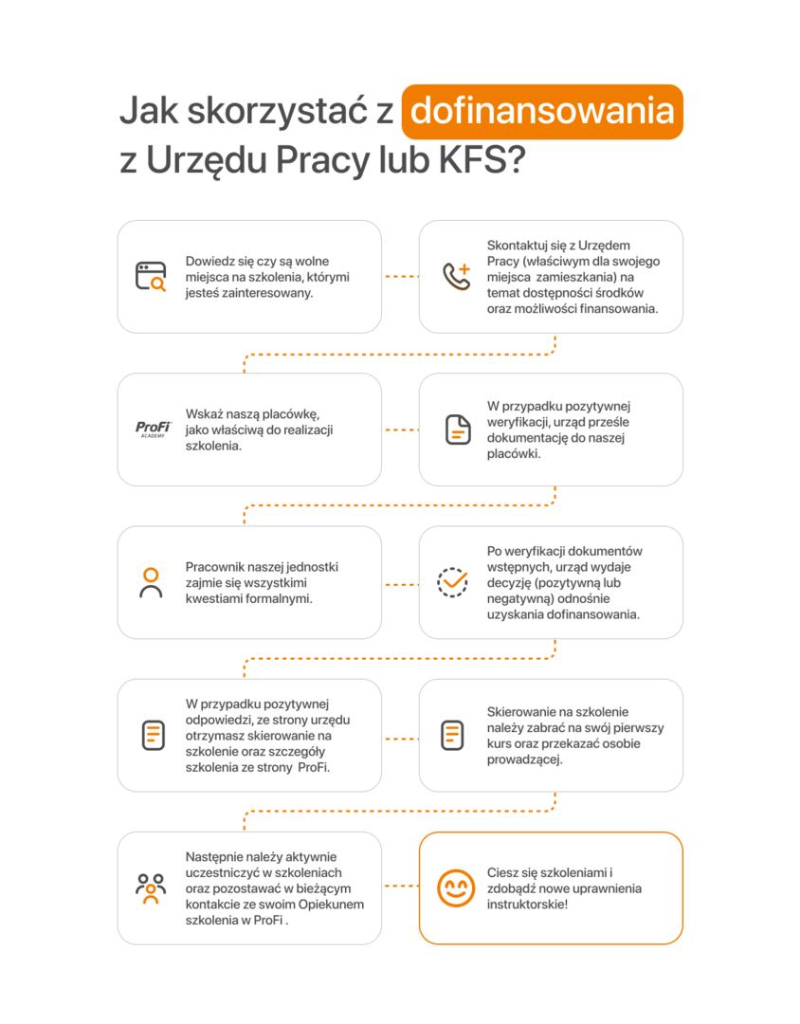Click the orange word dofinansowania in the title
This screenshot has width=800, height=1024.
[542, 111]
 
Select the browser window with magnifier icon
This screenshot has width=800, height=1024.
[151, 276]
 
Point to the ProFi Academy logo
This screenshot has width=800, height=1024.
[153, 430]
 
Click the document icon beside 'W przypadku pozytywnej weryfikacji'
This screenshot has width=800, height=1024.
[458, 430]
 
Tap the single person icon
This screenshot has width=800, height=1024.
[151, 582]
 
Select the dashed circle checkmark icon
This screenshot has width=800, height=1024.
[452, 582]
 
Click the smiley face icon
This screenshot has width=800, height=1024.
[456, 888]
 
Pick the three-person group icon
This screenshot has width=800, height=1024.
[151, 888]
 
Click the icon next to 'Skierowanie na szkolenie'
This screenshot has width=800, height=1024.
[452, 736]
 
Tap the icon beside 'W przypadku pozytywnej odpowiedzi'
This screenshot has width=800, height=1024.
[154, 736]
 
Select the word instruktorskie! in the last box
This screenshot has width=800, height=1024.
[527, 905]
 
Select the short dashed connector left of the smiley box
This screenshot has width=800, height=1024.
[401, 887]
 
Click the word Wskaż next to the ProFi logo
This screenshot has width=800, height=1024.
[204, 414]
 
